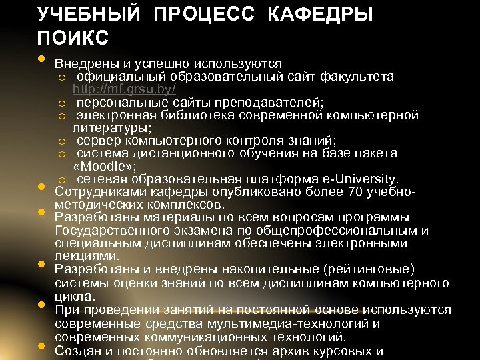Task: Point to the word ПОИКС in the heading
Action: coord(73,38)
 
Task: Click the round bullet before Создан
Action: coord(42,347)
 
